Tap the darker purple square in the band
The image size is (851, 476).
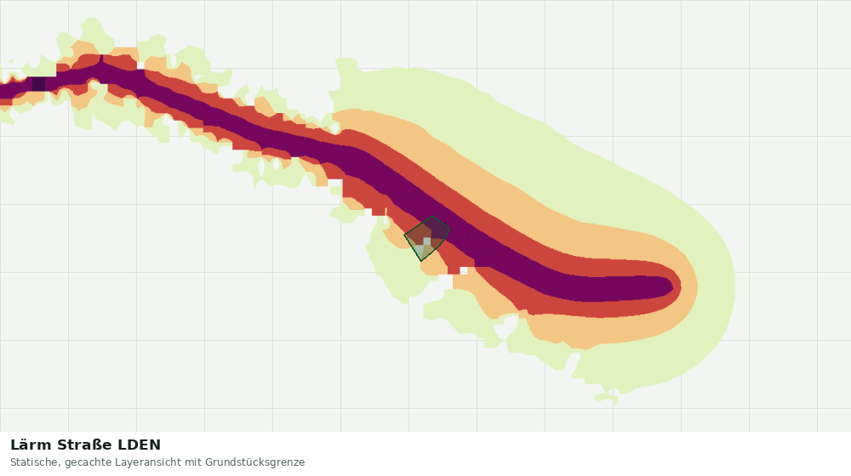coord(38,83)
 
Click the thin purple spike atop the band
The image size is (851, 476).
coord(101,59)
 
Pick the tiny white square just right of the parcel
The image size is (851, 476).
coord(464,270)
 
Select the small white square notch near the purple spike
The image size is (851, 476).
coord(141,65)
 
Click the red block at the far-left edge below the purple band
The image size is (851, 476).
coord(6,102)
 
